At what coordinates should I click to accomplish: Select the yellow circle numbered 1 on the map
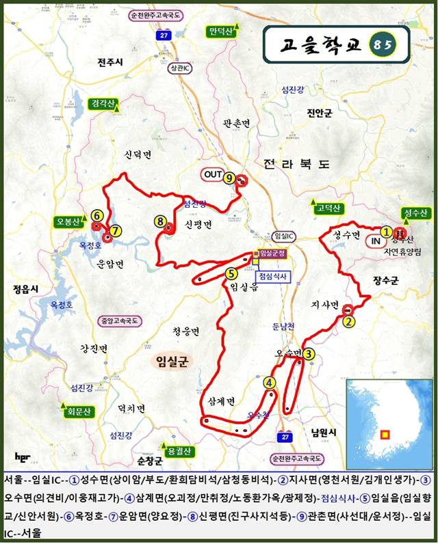click(x=387, y=232)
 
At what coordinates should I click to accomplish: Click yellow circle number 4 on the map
click(x=270, y=383)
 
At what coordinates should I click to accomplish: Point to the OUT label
click(x=214, y=175)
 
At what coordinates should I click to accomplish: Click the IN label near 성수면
click(x=376, y=241)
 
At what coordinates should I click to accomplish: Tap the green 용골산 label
click(x=175, y=451)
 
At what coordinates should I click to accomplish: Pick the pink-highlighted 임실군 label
click(x=171, y=360)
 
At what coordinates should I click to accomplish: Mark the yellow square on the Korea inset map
click(x=385, y=433)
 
